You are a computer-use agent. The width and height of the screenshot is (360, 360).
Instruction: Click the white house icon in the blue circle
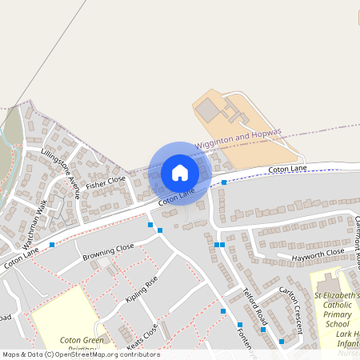pos(180,173)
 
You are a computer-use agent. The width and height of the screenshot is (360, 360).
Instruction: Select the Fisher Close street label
pos(106,182)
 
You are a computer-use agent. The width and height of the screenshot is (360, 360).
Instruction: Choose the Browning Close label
pos(108,253)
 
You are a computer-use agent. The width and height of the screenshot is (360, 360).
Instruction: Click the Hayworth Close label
pos(318,253)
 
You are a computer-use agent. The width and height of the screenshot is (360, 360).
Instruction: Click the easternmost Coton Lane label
pos(287,170)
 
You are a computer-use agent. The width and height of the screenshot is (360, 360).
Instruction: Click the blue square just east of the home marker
pos(224,182)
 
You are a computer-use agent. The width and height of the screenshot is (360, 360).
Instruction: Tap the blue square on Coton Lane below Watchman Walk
pos(52,244)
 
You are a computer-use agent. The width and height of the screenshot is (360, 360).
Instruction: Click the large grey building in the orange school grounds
pos(207,110)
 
